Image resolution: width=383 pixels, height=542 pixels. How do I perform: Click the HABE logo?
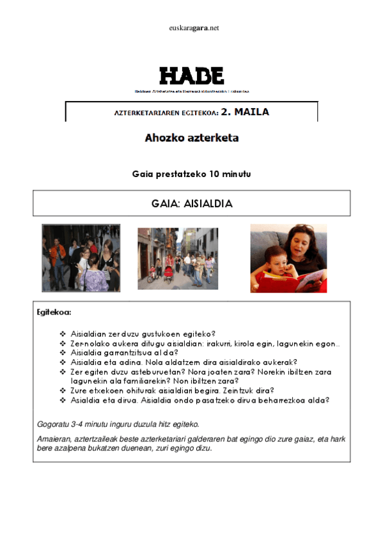point(191,75)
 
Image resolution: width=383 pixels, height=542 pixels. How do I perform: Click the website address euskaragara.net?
point(191,28)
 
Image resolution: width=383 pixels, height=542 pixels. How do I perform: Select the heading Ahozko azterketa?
point(191,137)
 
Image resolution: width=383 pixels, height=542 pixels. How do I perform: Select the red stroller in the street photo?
point(169,273)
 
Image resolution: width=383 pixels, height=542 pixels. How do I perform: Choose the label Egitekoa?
point(54,313)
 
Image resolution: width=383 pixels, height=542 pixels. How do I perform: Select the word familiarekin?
point(132,380)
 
